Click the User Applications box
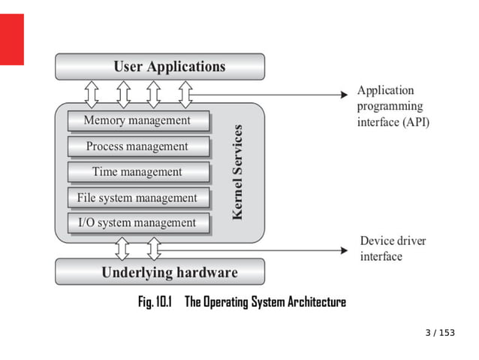[160, 67]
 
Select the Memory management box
[137, 121]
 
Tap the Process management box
[137, 147]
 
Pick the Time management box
[137, 172]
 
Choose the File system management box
[137, 198]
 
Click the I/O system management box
[137, 223]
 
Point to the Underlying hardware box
[160, 272]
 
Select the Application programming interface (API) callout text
[393, 107]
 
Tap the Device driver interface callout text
[393, 249]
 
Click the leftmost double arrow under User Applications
[92, 93]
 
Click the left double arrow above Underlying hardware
[122, 247]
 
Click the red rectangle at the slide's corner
[12, 39]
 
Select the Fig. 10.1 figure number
[155, 302]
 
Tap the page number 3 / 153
[440, 333]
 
